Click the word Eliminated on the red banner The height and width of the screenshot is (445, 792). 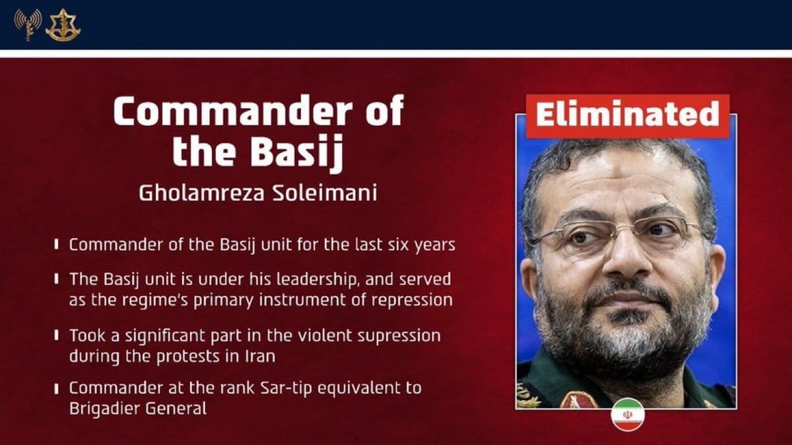(x=627, y=115)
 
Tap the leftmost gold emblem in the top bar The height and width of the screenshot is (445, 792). (x=27, y=25)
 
